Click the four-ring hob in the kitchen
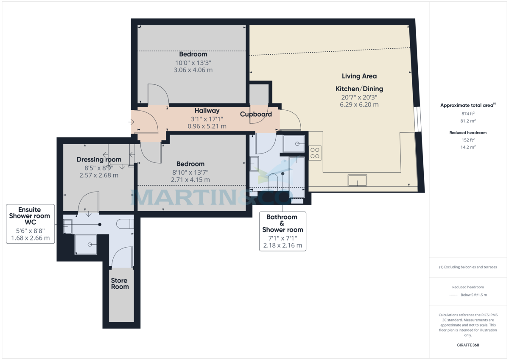point(315,153)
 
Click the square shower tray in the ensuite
point(86,244)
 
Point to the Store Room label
point(120,284)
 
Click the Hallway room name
point(207,111)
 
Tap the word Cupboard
point(256,114)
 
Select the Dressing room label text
point(99,159)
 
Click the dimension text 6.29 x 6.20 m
point(359,104)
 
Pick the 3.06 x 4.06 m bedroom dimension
point(193,70)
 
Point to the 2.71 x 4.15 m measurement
point(190,179)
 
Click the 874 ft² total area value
point(468,114)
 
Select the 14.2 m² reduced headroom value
point(468,147)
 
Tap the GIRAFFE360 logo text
point(468,345)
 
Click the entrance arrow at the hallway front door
point(131,122)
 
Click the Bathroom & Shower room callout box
point(282,231)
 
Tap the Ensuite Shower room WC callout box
point(30,223)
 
